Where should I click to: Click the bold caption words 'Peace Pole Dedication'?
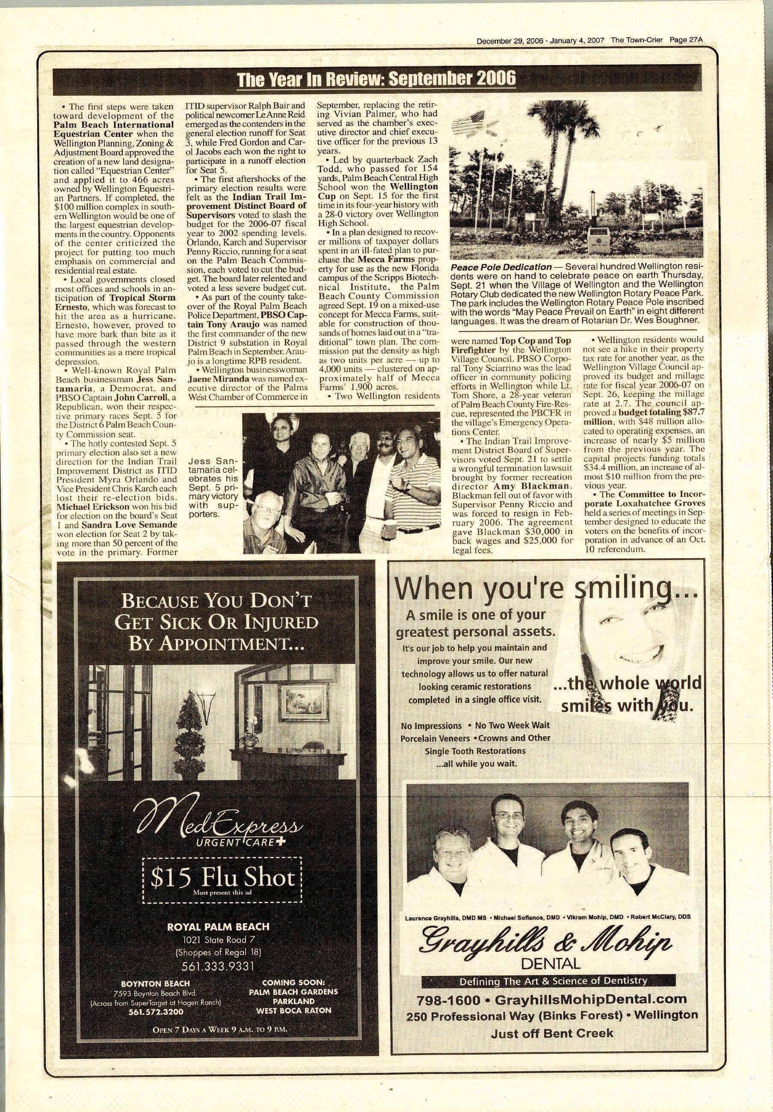tap(501, 267)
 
